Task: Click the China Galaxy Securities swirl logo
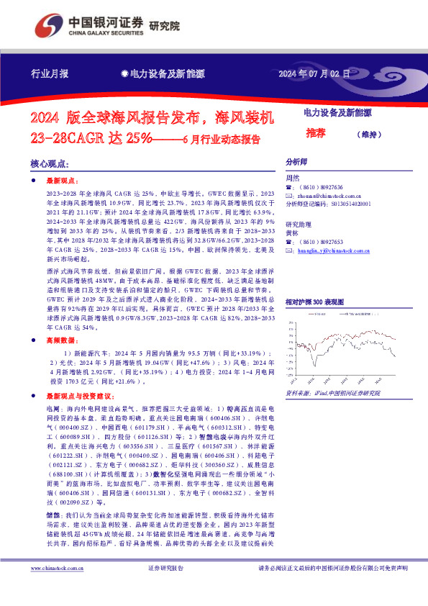(49, 24)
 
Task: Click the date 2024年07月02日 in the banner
(314, 73)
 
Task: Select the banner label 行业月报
(50, 73)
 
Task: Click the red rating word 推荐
(315, 133)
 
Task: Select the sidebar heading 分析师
(296, 163)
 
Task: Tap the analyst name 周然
(291, 178)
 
